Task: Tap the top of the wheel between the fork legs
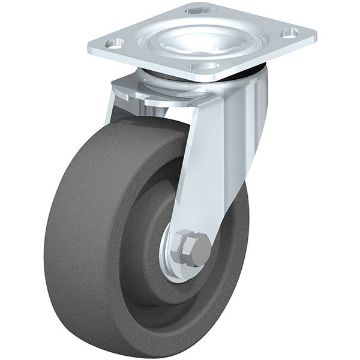(160, 140)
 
